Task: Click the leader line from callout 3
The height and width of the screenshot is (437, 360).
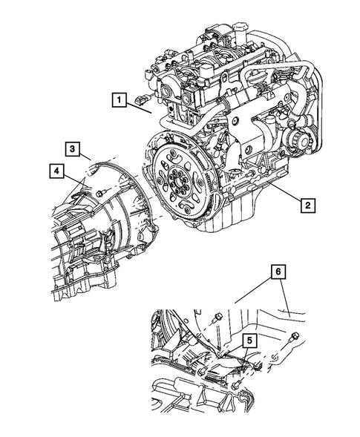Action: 84,157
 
